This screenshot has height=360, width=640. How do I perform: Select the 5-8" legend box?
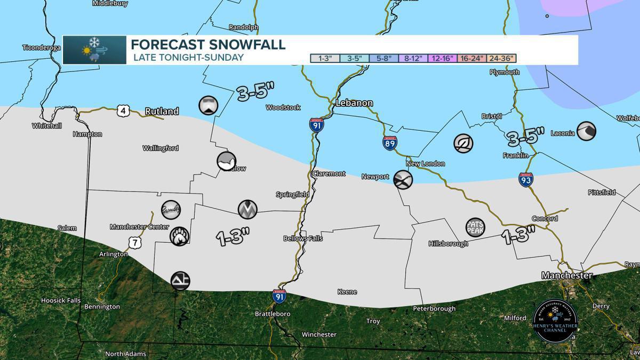pos(385,59)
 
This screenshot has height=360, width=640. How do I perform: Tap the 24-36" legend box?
pos(501,59)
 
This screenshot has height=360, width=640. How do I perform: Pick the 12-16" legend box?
pos(443,59)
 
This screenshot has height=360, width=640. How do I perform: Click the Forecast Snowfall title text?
pos(208,44)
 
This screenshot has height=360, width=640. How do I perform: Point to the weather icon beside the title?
pos(94,50)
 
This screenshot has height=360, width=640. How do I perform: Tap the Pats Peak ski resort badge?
pos(475,228)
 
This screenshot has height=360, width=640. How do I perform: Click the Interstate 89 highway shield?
pos(389,143)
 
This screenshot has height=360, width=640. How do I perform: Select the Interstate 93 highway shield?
pos(525,180)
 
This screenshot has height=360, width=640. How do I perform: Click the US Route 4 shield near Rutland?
pos(123,111)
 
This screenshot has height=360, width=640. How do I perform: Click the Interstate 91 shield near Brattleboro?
pos(278,296)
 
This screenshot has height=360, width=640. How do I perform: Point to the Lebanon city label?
pos(354,103)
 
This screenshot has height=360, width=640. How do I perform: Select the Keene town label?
pos(347,292)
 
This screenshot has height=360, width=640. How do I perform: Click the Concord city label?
pos(545,219)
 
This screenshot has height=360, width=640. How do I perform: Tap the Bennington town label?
pos(102,307)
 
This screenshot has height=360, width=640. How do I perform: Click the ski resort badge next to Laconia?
pos(586,130)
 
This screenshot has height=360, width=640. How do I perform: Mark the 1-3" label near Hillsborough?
pos(517,235)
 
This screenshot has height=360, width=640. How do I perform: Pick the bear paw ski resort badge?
pos(179,236)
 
